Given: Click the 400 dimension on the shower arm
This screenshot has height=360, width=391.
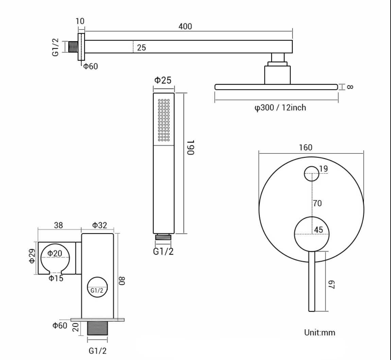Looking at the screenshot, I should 185,26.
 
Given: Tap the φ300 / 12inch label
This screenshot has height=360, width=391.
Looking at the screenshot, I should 280,108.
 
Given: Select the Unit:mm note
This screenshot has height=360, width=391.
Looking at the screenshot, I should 319,332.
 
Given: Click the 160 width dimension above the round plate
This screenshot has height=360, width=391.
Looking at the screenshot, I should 305,147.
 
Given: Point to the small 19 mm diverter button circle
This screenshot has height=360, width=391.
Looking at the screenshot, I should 311,174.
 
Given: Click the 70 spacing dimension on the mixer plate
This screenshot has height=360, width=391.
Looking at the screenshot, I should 317,203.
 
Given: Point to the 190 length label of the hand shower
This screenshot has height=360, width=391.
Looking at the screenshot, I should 191,147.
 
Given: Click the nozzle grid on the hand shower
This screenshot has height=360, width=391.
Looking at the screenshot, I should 164,120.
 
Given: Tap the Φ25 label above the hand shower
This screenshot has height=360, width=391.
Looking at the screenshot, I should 163,80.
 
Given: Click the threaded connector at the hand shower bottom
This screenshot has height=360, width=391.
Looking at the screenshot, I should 164,237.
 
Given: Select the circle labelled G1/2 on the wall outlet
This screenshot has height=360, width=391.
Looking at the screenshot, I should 97,288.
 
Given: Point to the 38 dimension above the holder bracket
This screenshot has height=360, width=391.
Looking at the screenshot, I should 58,225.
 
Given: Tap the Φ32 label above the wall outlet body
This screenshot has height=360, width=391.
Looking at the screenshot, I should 99,225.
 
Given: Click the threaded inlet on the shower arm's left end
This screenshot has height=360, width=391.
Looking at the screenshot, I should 73,47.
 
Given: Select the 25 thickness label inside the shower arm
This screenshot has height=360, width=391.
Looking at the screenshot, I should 141,48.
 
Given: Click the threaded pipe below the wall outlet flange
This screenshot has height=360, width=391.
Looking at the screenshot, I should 98,328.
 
